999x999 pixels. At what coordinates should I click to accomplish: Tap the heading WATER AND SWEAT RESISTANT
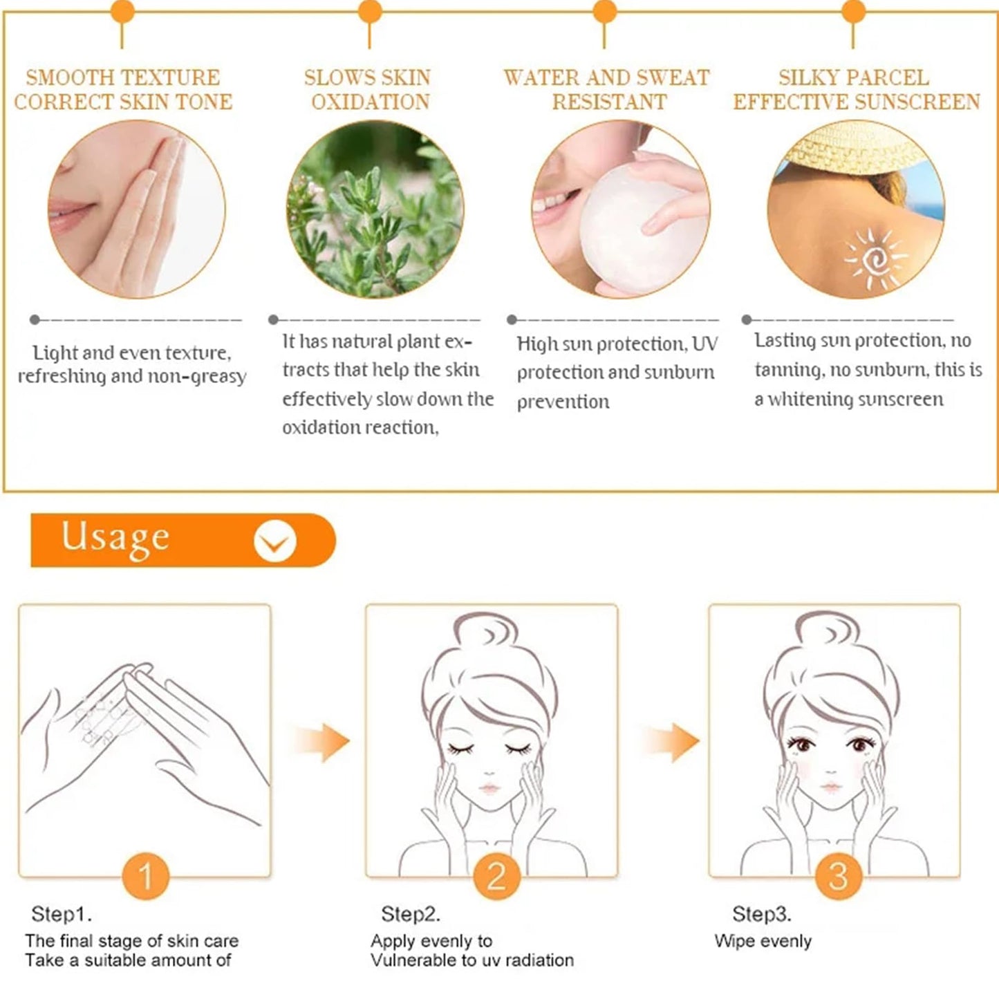click(x=606, y=89)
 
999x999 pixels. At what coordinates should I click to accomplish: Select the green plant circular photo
click(x=375, y=209)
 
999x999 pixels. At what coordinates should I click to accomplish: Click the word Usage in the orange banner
click(x=115, y=538)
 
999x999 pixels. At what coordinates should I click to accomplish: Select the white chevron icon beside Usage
click(x=274, y=541)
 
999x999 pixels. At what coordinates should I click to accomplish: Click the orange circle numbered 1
click(x=145, y=876)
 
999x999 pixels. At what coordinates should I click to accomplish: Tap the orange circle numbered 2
click(x=496, y=876)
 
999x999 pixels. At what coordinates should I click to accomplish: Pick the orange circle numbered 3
click(x=838, y=876)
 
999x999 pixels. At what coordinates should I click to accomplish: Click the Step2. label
click(x=410, y=914)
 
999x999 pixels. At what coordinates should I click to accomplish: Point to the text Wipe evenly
click(x=763, y=941)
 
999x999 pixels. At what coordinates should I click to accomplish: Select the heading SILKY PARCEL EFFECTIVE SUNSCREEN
click(x=856, y=89)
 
